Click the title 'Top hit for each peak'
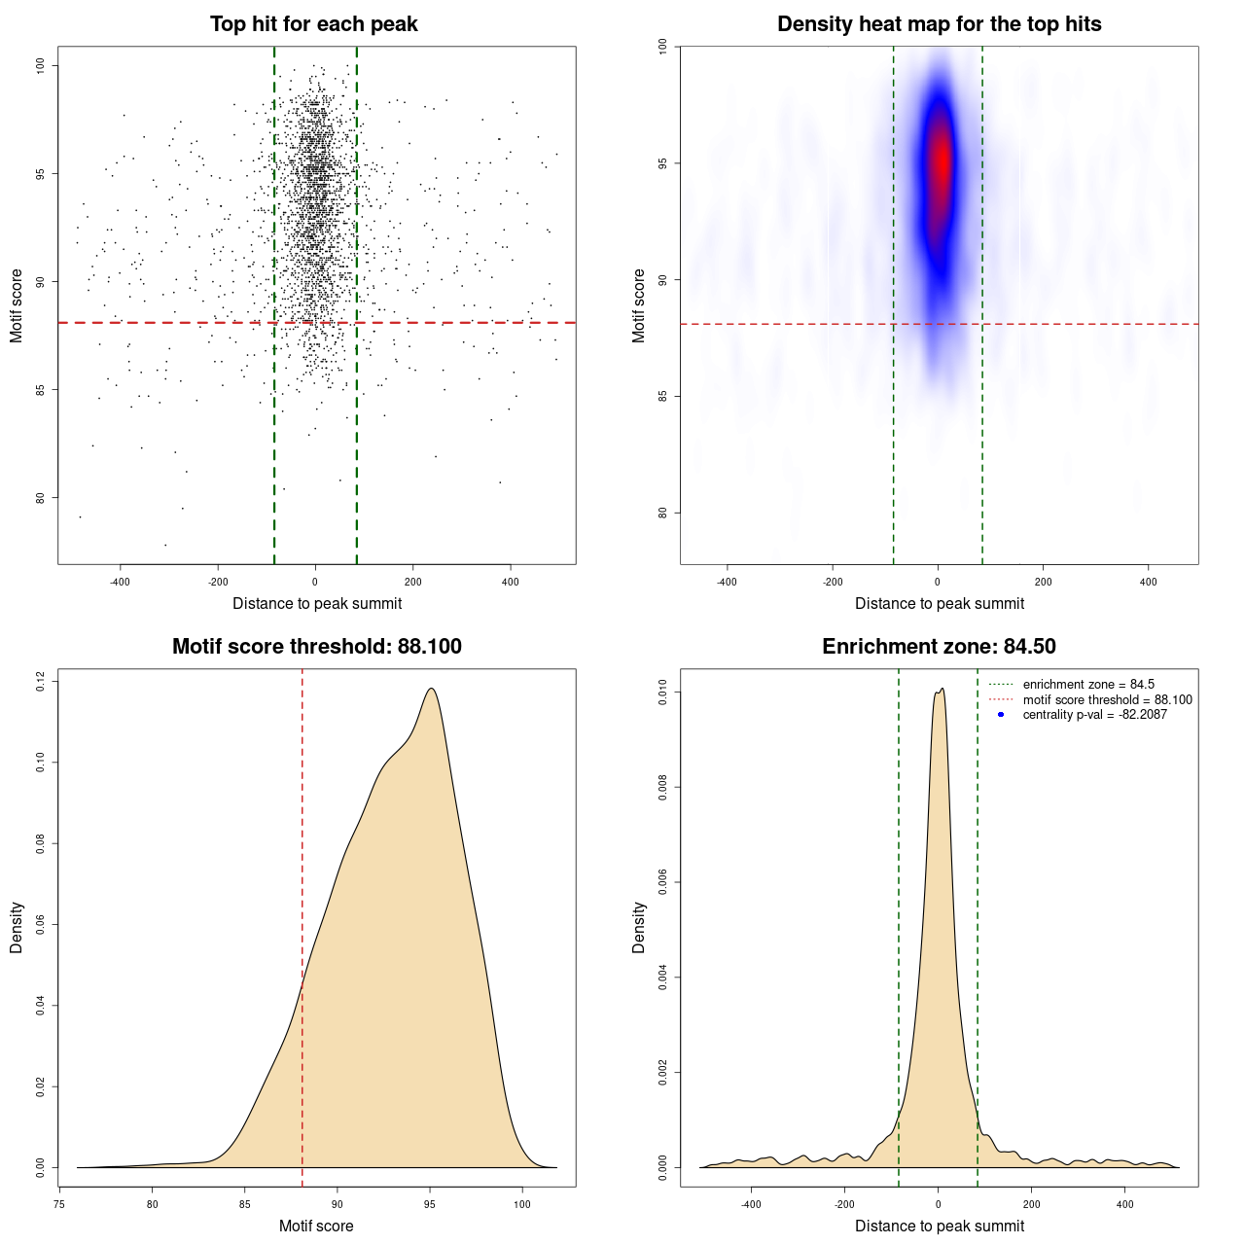tap(314, 24)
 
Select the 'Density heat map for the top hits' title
tap(939, 24)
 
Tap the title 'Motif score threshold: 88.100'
tap(316, 647)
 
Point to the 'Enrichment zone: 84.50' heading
tap(939, 647)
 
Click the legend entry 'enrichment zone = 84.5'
tap(1088, 685)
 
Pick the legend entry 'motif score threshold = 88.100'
tap(1107, 699)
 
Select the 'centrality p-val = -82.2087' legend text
tap(1094, 715)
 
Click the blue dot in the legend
tap(1001, 715)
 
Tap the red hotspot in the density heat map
tap(941, 160)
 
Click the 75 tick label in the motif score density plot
tap(59, 1204)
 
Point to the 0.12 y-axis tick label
tap(41, 682)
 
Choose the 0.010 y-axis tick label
tap(663, 693)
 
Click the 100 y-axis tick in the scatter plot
tap(41, 65)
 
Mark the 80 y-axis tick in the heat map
tap(663, 513)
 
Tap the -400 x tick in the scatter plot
tap(120, 582)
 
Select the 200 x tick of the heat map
tap(1043, 582)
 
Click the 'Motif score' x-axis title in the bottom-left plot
tap(316, 1226)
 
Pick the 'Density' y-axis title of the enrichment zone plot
tap(639, 927)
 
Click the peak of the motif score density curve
tap(430, 689)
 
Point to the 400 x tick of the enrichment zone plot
tap(1124, 1204)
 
